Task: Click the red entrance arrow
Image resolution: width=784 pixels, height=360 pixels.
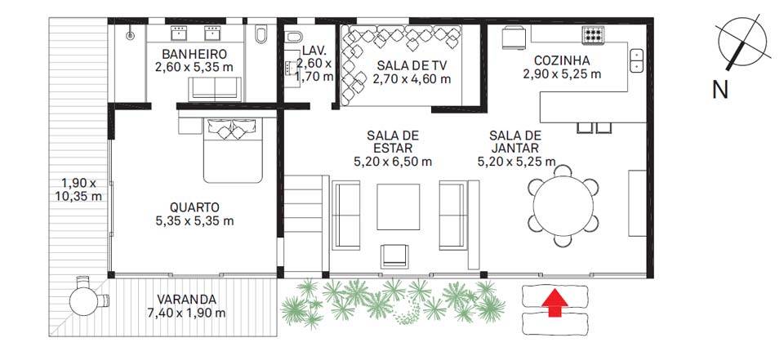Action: click(555, 303)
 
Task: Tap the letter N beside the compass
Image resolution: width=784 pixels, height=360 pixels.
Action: click(720, 90)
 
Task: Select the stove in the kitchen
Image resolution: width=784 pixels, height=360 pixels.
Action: click(594, 34)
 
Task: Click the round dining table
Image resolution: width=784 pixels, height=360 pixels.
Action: click(563, 206)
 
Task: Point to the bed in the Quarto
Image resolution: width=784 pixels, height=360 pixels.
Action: click(233, 150)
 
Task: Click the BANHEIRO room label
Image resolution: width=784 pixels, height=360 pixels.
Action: click(194, 54)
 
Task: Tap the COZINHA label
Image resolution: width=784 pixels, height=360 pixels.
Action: click(562, 60)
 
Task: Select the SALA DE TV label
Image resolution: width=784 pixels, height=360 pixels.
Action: click(412, 65)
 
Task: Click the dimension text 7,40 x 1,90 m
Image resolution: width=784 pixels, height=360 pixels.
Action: click(186, 313)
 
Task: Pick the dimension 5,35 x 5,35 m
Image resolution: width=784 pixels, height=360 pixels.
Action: click(194, 220)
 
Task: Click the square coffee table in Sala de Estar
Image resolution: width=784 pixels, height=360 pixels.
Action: click(398, 206)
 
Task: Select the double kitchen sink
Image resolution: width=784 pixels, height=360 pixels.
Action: click(636, 60)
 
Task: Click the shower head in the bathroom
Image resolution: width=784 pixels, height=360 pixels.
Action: click(130, 35)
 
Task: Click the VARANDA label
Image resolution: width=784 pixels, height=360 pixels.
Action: click(186, 300)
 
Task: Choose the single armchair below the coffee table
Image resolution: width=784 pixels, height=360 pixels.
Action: click(394, 256)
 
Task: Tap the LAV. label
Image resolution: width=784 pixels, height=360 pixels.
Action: click(314, 51)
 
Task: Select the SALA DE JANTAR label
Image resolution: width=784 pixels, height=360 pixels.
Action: click(514, 142)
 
